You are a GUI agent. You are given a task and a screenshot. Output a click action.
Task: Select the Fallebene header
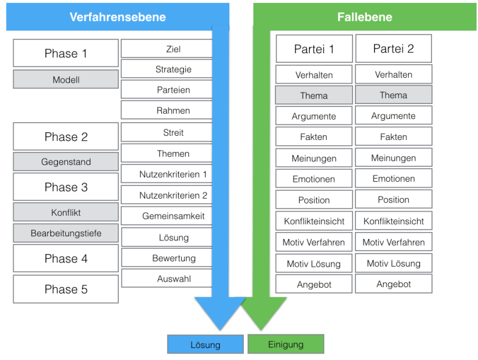pos(364,17)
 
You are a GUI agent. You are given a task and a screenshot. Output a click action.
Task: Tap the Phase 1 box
pos(66,53)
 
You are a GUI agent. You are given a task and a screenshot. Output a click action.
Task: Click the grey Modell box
pos(66,80)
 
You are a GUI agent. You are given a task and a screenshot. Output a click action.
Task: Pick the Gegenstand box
pos(66,162)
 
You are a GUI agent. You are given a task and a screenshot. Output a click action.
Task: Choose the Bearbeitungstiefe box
pos(66,233)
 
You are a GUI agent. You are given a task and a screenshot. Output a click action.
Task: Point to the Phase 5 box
pos(66,289)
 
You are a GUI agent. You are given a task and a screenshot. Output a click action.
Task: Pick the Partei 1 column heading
pos(314,49)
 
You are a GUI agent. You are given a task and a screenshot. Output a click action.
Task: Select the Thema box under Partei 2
pos(393,95)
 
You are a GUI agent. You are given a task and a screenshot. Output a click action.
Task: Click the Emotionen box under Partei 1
pos(314,179)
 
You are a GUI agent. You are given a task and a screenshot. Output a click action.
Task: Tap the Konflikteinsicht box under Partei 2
pos(393,221)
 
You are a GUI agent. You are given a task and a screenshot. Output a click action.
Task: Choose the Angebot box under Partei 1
pos(314,285)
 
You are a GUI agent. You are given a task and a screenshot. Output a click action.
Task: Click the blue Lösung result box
pos(206,344)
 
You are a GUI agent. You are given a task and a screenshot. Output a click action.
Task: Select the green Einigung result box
pos(286,344)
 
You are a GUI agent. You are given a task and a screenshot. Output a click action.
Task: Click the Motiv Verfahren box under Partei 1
pos(314,243)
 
